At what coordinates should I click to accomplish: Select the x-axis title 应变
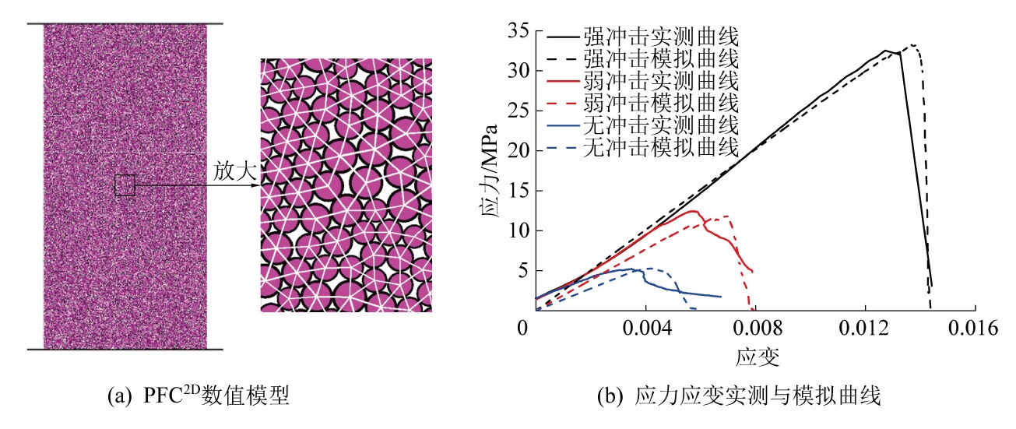(x=756, y=357)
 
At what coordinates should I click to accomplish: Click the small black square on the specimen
(x=125, y=185)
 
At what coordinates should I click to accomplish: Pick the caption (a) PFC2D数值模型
(x=198, y=398)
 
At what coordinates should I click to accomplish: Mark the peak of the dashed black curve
(x=912, y=45)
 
